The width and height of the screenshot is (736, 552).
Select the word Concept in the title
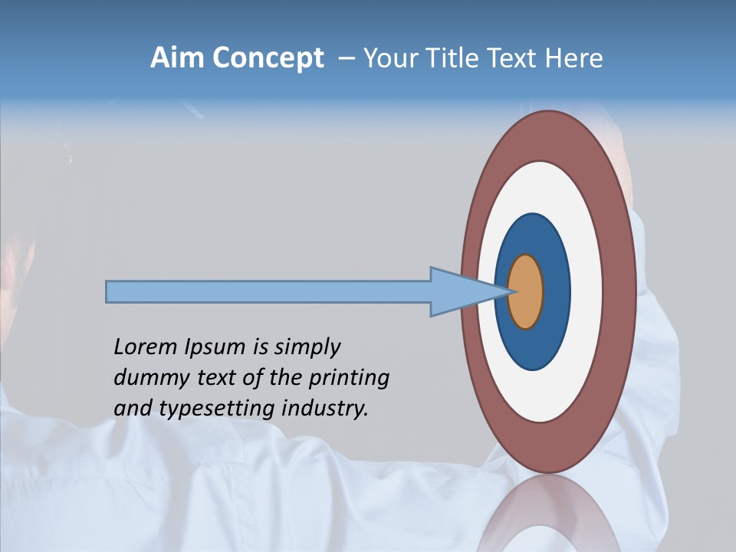pos(268,59)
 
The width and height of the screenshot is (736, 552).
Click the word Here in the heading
pos(575,58)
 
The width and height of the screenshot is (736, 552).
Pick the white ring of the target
pos(586,291)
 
